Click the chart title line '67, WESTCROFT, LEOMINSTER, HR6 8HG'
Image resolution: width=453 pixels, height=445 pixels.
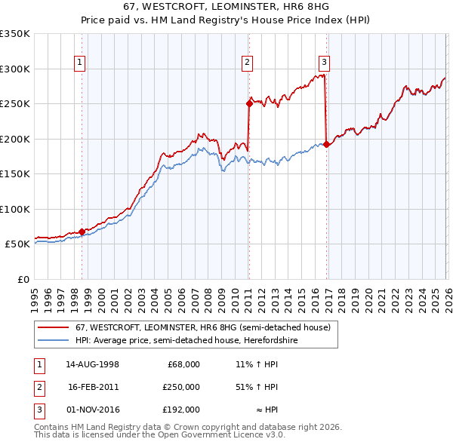(x=226, y=6)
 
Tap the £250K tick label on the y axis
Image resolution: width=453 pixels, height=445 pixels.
(x=15, y=104)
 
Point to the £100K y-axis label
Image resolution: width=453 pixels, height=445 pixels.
(x=15, y=209)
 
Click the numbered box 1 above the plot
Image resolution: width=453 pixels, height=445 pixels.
(x=79, y=63)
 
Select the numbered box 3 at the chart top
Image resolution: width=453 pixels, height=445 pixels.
(x=324, y=63)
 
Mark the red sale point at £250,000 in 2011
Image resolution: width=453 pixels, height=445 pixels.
(x=248, y=104)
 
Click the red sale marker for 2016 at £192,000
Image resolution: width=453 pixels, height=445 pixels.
(x=326, y=145)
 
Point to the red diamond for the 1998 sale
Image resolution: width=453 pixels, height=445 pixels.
(x=82, y=232)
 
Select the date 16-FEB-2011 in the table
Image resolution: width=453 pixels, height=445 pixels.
(x=94, y=387)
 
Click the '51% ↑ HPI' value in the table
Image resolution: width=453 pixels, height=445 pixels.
(x=257, y=387)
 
